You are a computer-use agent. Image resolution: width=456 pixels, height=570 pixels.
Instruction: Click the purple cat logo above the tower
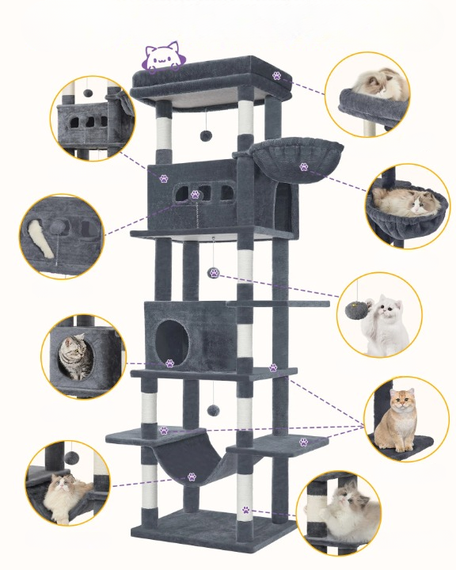162,57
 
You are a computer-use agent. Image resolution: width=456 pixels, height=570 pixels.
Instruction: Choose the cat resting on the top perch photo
374,83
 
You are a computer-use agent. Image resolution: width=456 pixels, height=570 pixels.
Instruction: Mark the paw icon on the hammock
192,477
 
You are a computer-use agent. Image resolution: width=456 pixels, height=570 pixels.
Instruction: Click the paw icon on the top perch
276,75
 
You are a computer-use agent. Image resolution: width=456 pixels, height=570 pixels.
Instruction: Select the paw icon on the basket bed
304,167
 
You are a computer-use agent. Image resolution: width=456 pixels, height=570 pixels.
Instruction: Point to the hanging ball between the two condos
213,272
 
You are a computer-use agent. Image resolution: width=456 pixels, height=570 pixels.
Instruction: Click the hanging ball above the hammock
211,410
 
